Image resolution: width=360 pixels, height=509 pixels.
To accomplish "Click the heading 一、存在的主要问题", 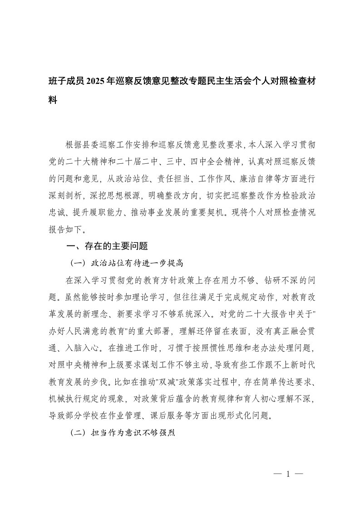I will (x=108, y=246).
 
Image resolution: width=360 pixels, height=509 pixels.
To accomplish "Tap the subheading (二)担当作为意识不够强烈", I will (x=123, y=433).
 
